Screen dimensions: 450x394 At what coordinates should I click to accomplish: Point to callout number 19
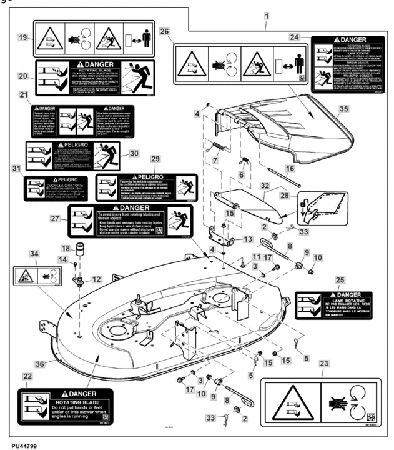[22, 37]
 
